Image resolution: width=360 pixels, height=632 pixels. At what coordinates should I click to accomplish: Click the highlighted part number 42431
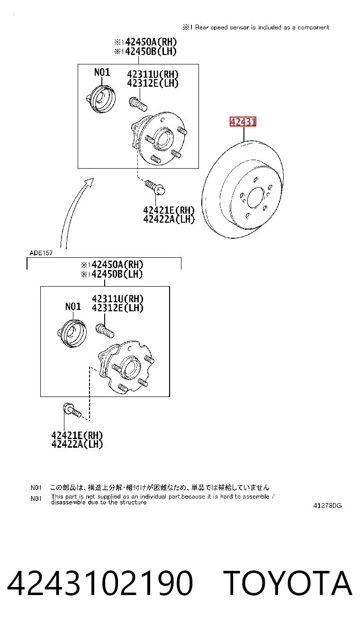pos(243,122)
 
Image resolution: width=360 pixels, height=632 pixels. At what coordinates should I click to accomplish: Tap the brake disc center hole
pos(256,198)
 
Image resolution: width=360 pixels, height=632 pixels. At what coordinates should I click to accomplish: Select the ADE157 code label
pos(41,253)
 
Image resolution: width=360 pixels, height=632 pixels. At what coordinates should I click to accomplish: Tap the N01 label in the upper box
pos(102,72)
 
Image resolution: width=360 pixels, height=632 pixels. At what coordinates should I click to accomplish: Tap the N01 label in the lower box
pos(73,306)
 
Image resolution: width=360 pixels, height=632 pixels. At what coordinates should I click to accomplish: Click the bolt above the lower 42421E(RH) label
pos(72,411)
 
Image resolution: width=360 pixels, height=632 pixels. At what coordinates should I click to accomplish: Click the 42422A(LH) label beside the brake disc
pos(169,219)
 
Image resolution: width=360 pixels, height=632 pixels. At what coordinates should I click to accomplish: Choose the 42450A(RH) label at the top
pos(145,42)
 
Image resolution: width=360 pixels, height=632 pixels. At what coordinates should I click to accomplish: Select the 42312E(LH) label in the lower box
pos(117,308)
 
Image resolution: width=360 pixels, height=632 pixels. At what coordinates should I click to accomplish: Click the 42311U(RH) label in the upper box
pos(153,74)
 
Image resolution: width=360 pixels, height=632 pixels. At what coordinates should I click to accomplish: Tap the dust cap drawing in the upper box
pos(101,99)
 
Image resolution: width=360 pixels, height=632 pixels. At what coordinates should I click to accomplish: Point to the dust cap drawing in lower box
pos(72,333)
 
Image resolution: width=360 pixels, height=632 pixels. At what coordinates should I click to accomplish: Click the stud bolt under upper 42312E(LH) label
pos(138,104)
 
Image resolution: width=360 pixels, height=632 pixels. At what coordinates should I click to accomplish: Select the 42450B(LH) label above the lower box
pos(112,274)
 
